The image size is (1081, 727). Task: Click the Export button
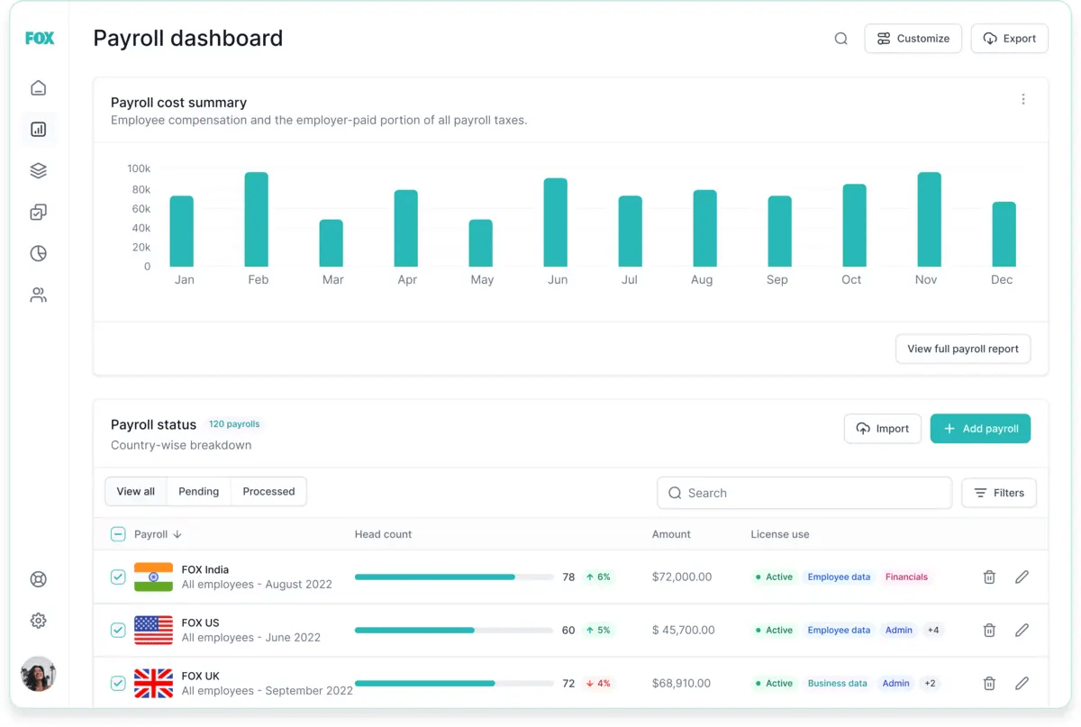point(1009,39)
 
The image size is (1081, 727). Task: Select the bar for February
point(257,219)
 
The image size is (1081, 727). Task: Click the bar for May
point(481,243)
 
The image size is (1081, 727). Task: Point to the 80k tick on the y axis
point(141,189)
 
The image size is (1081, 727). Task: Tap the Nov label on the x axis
point(926,280)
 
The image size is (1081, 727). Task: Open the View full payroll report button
point(962,349)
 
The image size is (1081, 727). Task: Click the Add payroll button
point(980,429)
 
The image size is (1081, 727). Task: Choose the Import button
point(882,429)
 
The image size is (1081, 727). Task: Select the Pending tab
point(198,492)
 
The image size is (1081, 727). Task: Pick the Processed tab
point(268,492)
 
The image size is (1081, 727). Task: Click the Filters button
point(999,493)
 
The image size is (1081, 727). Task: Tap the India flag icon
point(153,577)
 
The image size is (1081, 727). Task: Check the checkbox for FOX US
point(118,630)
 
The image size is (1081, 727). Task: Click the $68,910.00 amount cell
point(681,684)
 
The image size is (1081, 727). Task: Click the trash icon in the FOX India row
point(989,577)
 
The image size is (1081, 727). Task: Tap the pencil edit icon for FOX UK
point(1022,684)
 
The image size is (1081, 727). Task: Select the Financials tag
point(906,577)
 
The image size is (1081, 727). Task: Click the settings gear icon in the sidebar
point(38,621)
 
